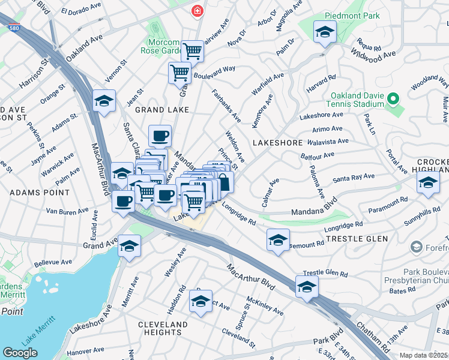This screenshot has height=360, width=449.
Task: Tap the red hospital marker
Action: point(196,11)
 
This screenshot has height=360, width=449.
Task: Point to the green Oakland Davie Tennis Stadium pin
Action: point(393,98)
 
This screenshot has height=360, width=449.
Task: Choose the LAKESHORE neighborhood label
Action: point(277,143)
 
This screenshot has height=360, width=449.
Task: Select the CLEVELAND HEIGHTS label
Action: point(159,328)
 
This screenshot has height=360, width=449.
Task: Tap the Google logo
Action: point(20,353)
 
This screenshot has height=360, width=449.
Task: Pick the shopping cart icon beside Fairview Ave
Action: point(193,51)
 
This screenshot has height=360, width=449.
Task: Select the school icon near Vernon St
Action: point(104,101)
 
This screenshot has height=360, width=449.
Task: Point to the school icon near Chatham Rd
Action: point(307,287)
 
